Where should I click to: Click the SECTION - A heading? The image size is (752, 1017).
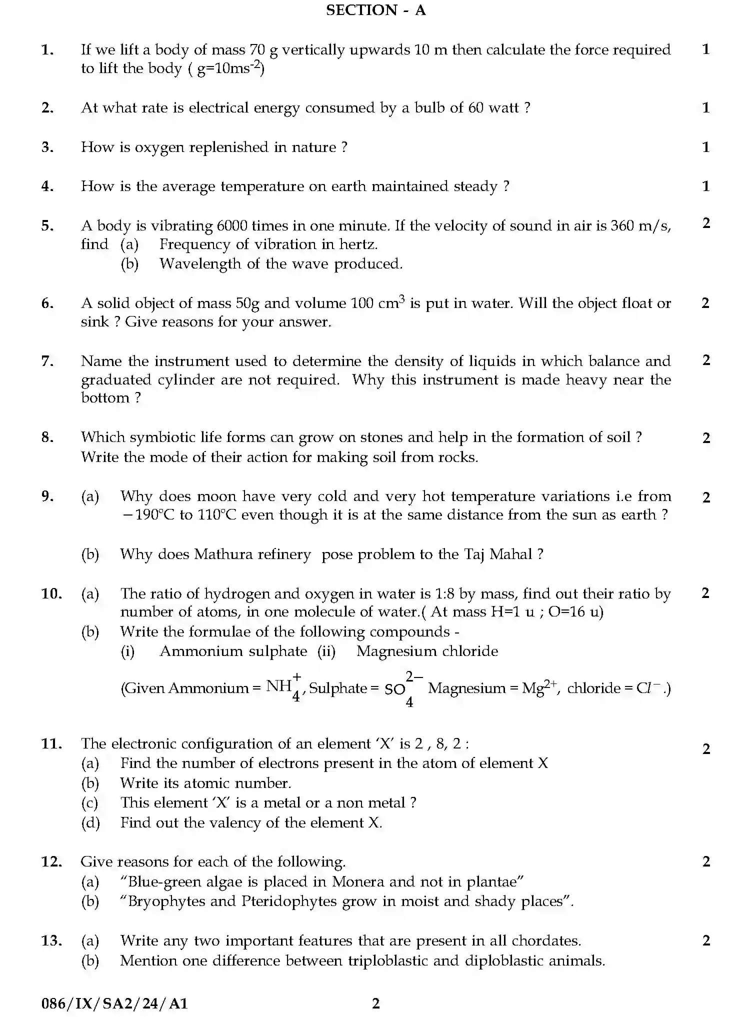pos(375,10)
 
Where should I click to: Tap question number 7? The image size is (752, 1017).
pos(47,361)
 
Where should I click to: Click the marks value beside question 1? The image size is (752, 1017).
pos(705,49)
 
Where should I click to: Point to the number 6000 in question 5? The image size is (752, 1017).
pos(232,226)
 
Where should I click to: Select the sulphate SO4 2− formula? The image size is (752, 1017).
pos(403,689)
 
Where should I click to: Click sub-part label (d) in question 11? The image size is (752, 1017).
pos(90,822)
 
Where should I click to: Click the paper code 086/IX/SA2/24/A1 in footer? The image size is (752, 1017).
pos(114,1003)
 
